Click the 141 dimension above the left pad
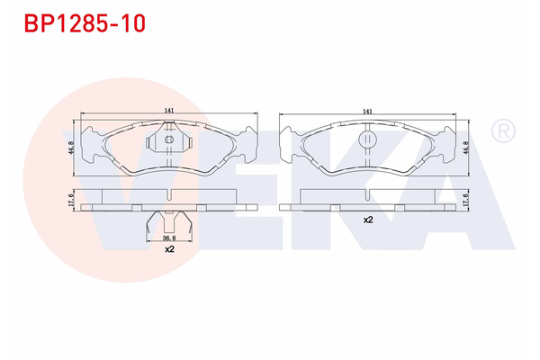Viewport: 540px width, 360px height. click(168, 110)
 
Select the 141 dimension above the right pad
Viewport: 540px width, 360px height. click(367, 110)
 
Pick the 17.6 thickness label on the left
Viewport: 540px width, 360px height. click(70, 200)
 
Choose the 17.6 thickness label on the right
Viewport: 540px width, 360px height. click(466, 200)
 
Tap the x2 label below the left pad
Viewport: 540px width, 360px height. click(168, 249)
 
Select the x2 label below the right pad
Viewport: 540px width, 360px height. click(367, 219)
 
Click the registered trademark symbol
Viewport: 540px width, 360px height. click(501, 132)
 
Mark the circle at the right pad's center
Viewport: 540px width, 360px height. click(367, 139)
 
